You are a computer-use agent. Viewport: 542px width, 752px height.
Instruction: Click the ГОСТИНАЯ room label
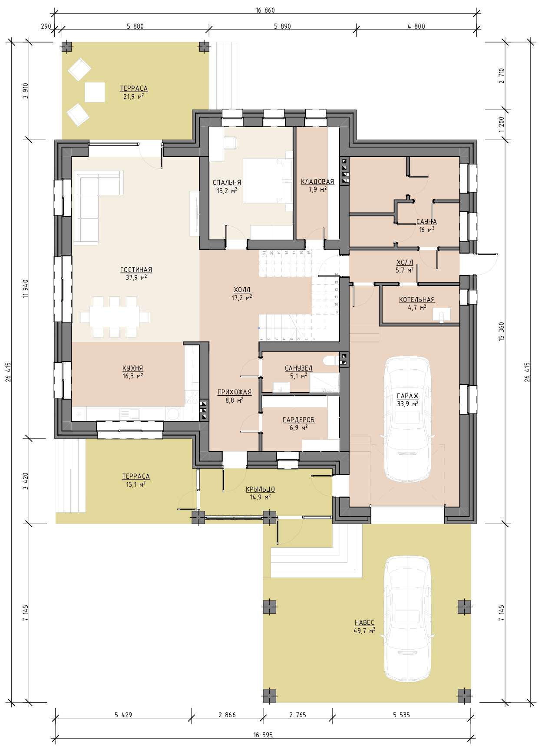click(x=136, y=270)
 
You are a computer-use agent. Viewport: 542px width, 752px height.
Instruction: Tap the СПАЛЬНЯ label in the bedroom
click(x=227, y=183)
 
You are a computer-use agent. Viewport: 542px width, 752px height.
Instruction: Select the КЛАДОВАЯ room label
click(x=317, y=182)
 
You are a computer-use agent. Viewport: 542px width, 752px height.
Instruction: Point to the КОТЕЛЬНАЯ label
click(x=416, y=300)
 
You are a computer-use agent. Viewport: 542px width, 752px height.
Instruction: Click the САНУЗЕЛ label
click(x=298, y=368)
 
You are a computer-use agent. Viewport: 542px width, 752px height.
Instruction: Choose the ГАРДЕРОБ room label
click(x=298, y=420)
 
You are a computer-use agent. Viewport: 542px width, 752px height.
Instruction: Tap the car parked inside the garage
click(x=407, y=419)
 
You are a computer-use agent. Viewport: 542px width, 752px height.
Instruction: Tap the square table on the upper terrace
click(x=95, y=92)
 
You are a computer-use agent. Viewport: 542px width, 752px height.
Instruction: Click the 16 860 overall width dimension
click(x=265, y=10)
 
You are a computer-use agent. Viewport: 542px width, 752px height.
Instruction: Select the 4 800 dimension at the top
click(x=416, y=26)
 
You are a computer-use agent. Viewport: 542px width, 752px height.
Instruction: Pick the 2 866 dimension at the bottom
click(x=227, y=714)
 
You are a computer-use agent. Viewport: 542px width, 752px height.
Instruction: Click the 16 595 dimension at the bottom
click(x=263, y=735)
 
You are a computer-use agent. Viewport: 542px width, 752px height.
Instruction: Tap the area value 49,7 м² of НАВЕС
click(x=364, y=630)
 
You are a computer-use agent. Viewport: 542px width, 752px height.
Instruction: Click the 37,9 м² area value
click(x=136, y=277)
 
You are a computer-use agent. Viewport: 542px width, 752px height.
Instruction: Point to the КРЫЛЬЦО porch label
click(x=261, y=489)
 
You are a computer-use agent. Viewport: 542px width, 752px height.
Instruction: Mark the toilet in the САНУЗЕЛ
click(x=330, y=360)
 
